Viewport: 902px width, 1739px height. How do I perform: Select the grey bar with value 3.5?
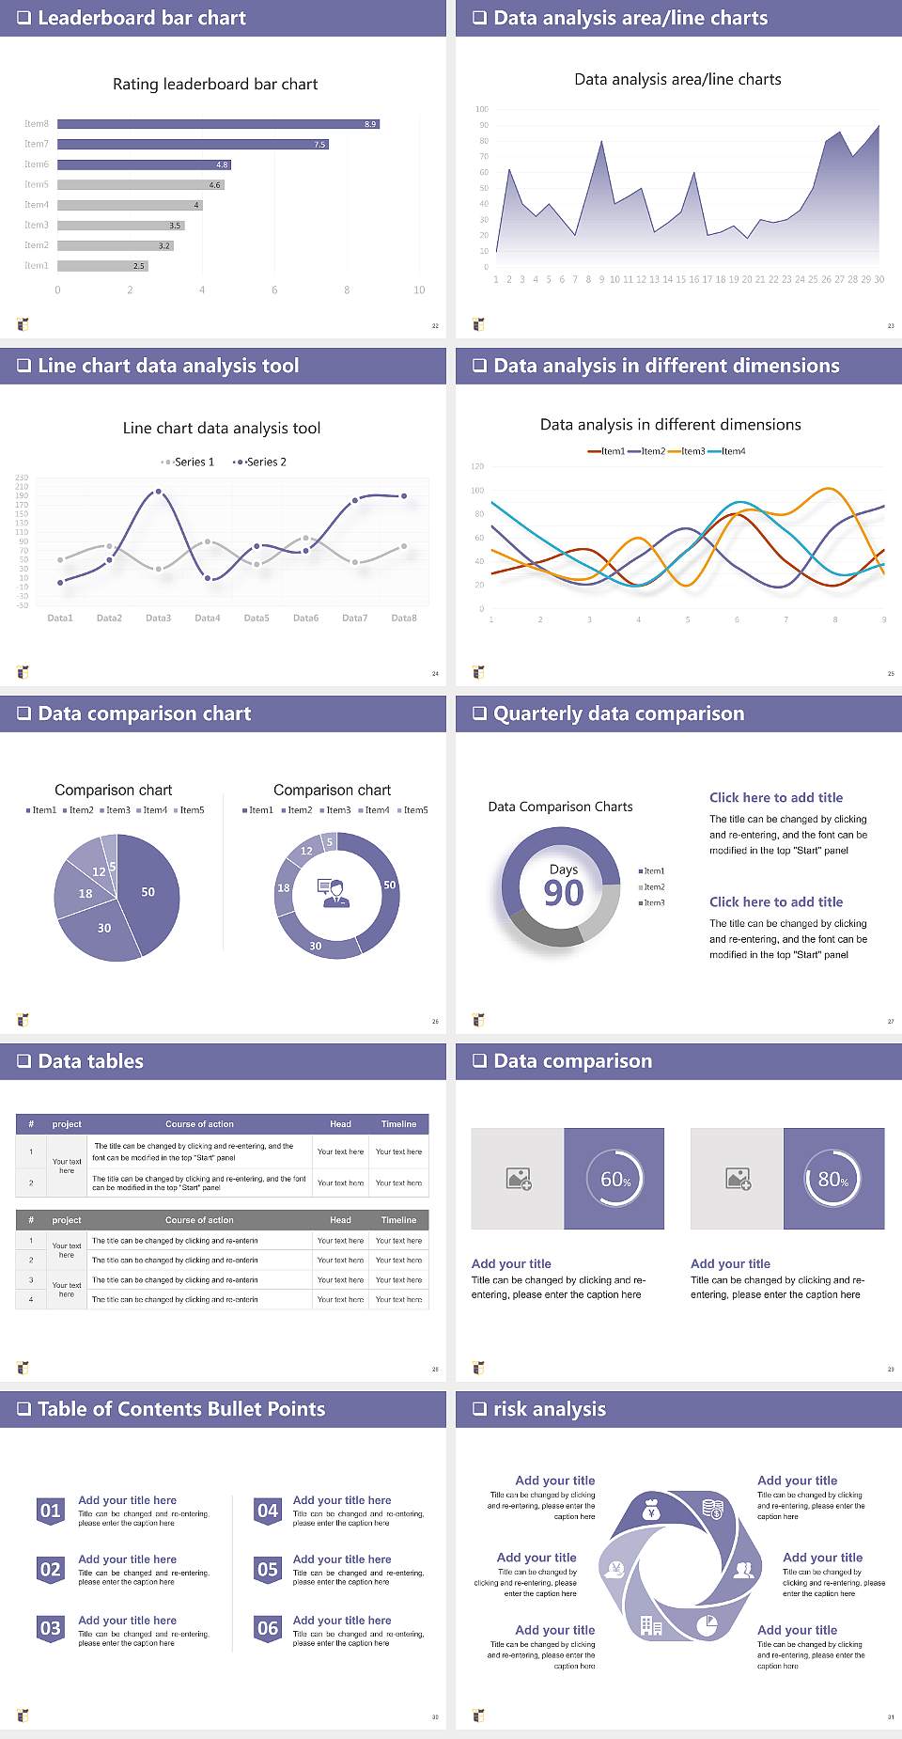(x=121, y=226)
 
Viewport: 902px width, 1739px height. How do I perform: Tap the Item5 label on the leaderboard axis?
(x=37, y=185)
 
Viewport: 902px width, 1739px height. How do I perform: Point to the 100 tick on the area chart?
(x=482, y=109)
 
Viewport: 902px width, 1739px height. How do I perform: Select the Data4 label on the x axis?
(x=207, y=619)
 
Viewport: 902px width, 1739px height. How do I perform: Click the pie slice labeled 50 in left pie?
(x=148, y=892)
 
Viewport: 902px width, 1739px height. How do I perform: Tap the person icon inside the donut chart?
(x=334, y=893)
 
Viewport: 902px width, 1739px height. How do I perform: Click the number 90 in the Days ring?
(x=564, y=893)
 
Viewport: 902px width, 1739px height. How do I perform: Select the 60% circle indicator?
(x=615, y=1179)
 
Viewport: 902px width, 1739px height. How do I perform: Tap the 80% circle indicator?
(x=833, y=1179)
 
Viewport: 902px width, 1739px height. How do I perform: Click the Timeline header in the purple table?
(x=398, y=1124)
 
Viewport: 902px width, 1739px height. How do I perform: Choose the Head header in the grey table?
(x=340, y=1220)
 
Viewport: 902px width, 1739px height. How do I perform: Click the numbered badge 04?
(x=268, y=1512)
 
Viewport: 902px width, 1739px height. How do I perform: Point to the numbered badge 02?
(x=50, y=1570)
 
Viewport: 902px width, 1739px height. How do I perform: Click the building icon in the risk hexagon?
(x=651, y=1625)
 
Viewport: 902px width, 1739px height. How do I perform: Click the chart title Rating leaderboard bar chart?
(x=215, y=85)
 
